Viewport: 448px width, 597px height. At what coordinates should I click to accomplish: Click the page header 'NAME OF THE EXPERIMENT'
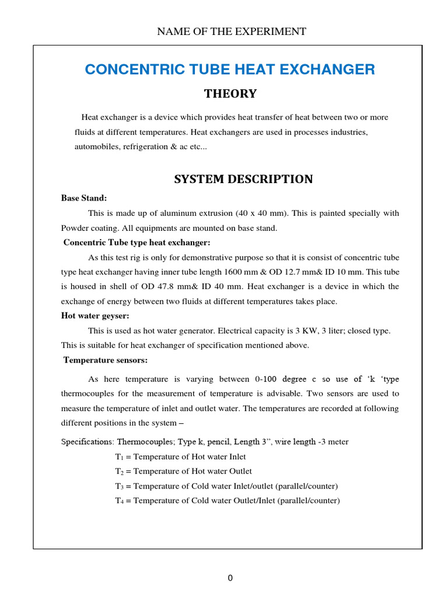pyautogui.click(x=232, y=31)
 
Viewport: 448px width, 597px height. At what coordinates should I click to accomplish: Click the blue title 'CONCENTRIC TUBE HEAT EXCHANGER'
pyautogui.click(x=230, y=70)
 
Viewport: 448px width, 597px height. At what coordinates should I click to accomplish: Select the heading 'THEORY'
pyautogui.click(x=230, y=94)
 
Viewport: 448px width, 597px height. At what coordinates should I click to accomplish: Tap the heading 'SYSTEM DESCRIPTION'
pyautogui.click(x=243, y=179)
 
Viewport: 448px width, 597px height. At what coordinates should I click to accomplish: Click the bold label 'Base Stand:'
pyautogui.click(x=84, y=198)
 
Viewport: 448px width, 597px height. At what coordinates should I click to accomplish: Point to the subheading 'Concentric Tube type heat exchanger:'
pyautogui.click(x=136, y=242)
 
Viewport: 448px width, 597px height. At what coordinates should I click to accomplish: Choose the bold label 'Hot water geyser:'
pyautogui.click(x=95, y=315)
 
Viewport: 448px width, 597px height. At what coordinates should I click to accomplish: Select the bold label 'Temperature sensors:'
pyautogui.click(x=105, y=359)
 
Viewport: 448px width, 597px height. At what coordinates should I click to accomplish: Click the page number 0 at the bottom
pyautogui.click(x=230, y=578)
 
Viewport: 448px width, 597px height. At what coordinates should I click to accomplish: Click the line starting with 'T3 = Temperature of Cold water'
pyautogui.click(x=226, y=486)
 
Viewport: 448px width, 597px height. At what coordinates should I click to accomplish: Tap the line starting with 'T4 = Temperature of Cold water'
pyautogui.click(x=227, y=500)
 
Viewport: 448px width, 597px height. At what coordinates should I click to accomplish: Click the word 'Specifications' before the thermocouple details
pyautogui.click(x=86, y=442)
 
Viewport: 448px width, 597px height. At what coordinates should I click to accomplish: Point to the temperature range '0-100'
pyautogui.click(x=267, y=380)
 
